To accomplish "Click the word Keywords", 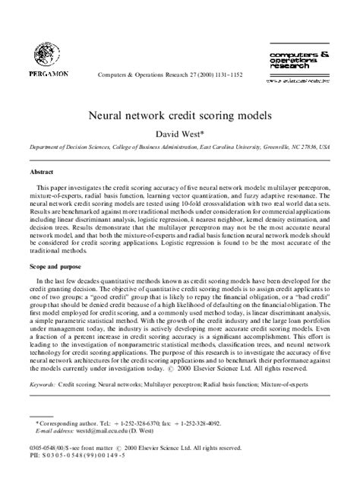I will [43, 385].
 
